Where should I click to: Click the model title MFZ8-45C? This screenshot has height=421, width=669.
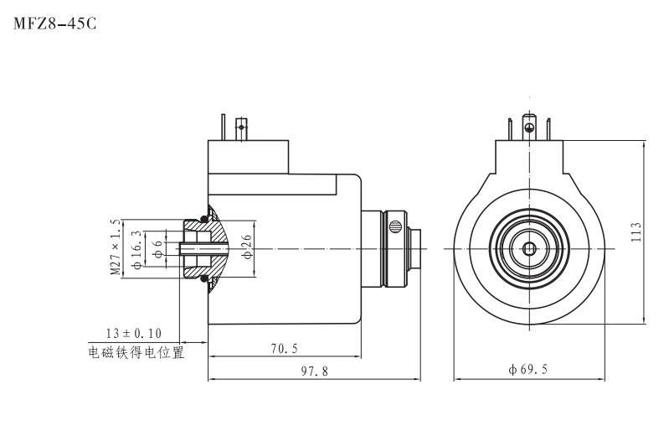(x=55, y=23)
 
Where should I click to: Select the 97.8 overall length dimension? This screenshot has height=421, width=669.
(x=315, y=371)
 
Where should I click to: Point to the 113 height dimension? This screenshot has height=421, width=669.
(x=636, y=231)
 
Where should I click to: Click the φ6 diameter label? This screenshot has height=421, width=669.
(x=157, y=249)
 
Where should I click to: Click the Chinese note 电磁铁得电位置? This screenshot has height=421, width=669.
(x=136, y=353)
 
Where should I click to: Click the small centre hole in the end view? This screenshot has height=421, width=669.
(x=528, y=248)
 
